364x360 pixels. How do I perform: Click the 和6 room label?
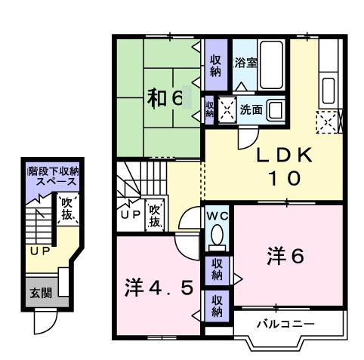click(x=165, y=98)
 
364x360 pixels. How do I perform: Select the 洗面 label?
click(x=251, y=109)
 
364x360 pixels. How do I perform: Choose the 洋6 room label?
click(x=285, y=257)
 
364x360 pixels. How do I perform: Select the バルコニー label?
click(x=285, y=324)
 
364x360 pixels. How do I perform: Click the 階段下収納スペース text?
click(x=53, y=178)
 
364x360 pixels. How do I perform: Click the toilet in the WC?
click(x=217, y=238)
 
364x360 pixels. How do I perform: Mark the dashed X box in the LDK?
click(x=328, y=121)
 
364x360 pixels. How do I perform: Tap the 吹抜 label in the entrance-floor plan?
click(x=66, y=208)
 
